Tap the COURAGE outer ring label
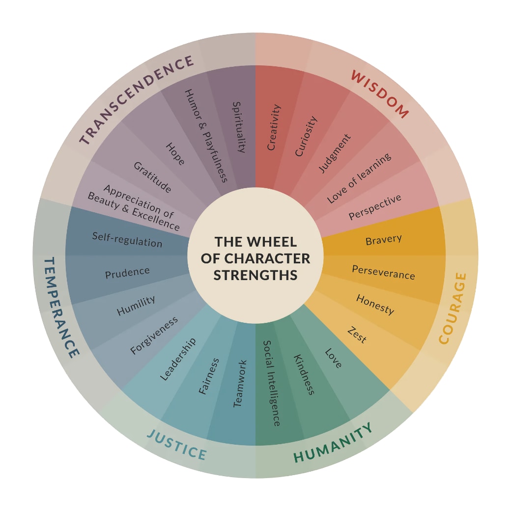pos(453,308)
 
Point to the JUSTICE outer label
pos(177,444)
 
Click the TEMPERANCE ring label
pos(61,307)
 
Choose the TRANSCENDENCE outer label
pos(137,100)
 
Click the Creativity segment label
pos(274,127)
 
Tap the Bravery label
pos(384,240)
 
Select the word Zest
pos(357,335)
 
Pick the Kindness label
pos(304,374)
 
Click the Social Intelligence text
pos(272,383)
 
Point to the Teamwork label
pos(239,384)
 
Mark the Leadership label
pos(178,359)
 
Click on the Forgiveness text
pos(154,336)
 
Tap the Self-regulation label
pos(127,239)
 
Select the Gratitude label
pos(152,177)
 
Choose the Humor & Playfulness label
pos(206,136)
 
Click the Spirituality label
pos(238,127)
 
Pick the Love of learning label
pos(359,178)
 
